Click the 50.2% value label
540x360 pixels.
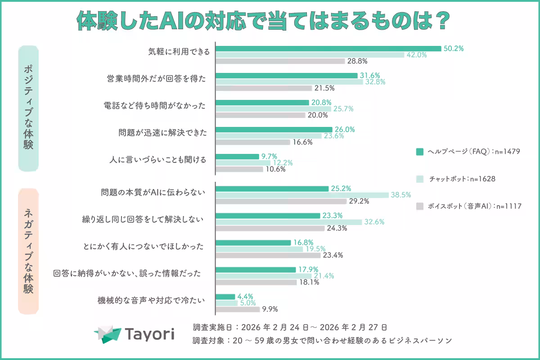click(453, 49)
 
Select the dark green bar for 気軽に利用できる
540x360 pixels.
click(328, 49)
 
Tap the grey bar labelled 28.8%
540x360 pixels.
click(280, 61)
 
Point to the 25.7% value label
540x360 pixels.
click(343, 109)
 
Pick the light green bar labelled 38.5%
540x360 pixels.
click(302, 195)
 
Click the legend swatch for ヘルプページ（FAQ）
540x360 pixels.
click(419, 152)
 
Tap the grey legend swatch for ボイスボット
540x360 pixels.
click(419, 207)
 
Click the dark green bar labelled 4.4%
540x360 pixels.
click(225, 297)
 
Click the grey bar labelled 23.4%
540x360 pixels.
click(268, 255)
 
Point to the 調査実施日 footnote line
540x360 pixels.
click(289, 327)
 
